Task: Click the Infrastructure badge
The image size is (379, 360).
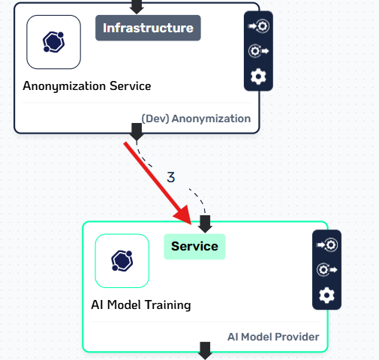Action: pyautogui.click(x=148, y=28)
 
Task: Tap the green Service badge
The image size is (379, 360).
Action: pyautogui.click(x=194, y=247)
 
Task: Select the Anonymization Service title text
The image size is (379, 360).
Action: pyautogui.click(x=87, y=86)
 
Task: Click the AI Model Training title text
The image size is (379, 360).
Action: pyautogui.click(x=141, y=305)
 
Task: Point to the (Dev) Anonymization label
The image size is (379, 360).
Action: pyautogui.click(x=196, y=118)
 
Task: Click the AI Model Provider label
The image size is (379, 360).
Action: pyautogui.click(x=273, y=337)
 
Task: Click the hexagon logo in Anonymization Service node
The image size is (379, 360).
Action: pyautogui.click(x=53, y=42)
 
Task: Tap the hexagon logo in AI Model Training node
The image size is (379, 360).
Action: pyautogui.click(x=122, y=261)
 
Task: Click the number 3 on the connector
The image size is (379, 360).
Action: pyautogui.click(x=171, y=177)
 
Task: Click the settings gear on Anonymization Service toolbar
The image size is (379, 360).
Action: pyautogui.click(x=258, y=76)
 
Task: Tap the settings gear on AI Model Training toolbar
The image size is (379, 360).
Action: pyautogui.click(x=326, y=295)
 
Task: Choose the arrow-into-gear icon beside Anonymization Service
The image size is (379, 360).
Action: pyautogui.click(x=258, y=26)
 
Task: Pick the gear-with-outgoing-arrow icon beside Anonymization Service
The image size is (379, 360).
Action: pyautogui.click(x=258, y=51)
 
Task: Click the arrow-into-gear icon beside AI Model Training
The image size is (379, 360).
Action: pyautogui.click(x=326, y=244)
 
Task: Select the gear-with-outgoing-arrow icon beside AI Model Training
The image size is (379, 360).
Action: pyautogui.click(x=326, y=270)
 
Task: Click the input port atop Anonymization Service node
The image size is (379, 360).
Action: pyautogui.click(x=137, y=7)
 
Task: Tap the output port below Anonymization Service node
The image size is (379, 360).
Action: pyautogui.click(x=137, y=132)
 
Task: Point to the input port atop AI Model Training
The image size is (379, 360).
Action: pyautogui.click(x=205, y=224)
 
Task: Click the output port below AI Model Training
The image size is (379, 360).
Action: pyautogui.click(x=205, y=351)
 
